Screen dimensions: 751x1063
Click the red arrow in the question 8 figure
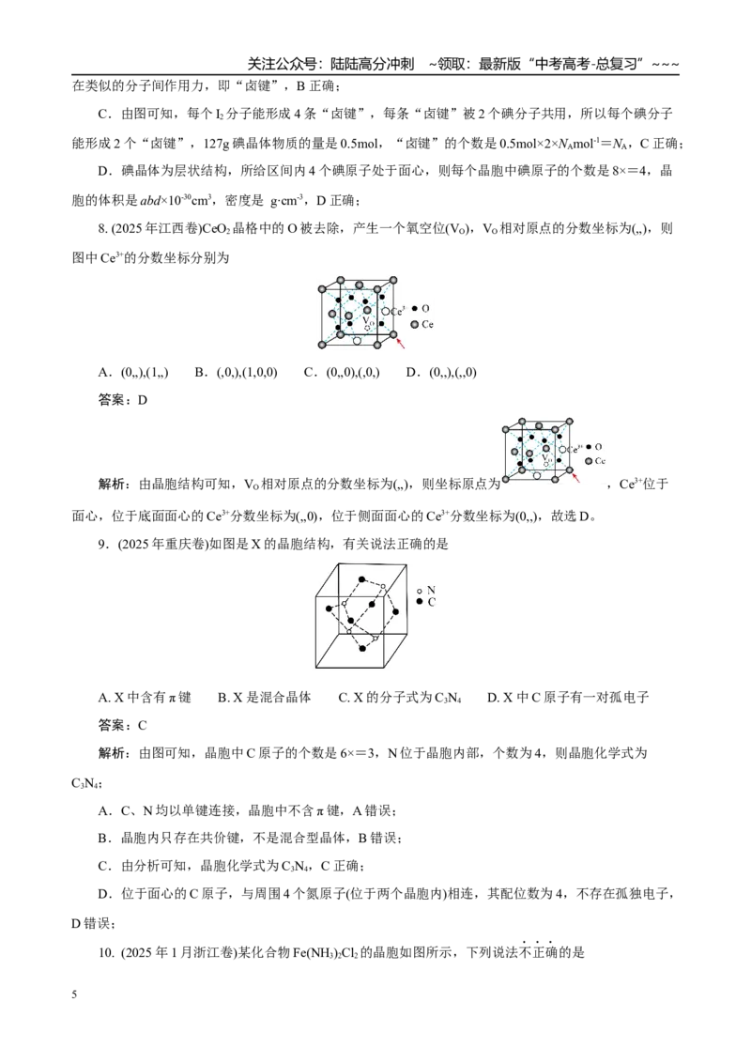coord(402,344)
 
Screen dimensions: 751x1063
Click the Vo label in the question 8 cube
coord(367,319)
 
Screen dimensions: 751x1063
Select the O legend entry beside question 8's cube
coord(421,308)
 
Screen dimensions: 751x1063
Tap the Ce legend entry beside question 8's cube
coord(422,324)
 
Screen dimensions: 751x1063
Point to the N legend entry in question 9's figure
coord(426,591)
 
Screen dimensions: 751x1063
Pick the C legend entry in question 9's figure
coord(426,602)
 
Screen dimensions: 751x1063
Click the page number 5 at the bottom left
coord(74,994)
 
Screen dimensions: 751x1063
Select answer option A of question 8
coord(133,372)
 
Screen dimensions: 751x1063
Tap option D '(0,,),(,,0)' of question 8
coord(441,372)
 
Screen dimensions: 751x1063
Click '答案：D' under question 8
coord(123,400)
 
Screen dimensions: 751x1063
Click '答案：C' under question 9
coord(123,725)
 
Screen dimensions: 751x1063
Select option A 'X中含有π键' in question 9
coord(146,698)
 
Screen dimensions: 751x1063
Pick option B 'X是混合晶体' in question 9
coord(265,698)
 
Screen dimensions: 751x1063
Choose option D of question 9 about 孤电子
coord(568,698)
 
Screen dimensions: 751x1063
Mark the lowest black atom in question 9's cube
coord(362,649)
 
